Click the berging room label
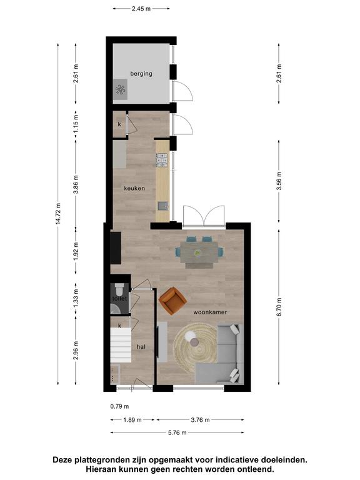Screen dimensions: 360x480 click(141, 74)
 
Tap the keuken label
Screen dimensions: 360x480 click(134, 188)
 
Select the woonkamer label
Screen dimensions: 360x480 click(210, 312)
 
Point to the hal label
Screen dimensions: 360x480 click(141, 347)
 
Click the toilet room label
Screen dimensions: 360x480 click(119, 299)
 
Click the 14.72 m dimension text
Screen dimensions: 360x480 click(58, 213)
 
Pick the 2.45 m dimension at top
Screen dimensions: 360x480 click(141, 9)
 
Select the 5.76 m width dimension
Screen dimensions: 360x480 click(177, 432)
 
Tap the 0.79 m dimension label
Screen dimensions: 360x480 click(120, 406)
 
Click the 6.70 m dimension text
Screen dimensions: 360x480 click(279, 307)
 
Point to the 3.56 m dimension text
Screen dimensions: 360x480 click(279, 181)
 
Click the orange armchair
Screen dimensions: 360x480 click(172, 301)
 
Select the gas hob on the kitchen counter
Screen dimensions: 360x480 click(162, 160)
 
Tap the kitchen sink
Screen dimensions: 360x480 click(163, 206)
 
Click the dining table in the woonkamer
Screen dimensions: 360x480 click(199, 252)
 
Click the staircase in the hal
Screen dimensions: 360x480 click(121, 345)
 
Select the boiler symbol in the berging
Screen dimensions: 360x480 click(120, 89)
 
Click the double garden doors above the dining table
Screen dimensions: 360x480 click(204, 217)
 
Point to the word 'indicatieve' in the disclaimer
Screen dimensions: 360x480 click(237, 459)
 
